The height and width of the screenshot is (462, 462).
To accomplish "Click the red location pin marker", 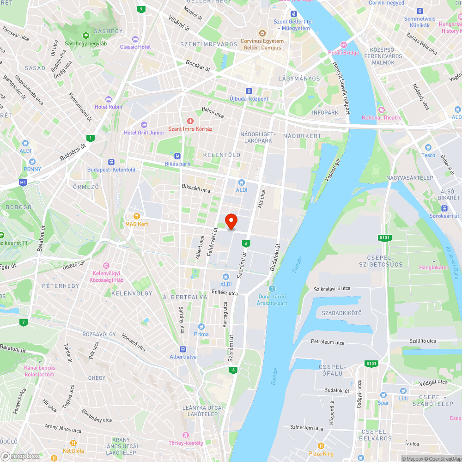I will (231, 221).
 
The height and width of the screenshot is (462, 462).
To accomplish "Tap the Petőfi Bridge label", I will (343, 53).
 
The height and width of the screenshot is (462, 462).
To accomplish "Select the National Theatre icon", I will (381, 109).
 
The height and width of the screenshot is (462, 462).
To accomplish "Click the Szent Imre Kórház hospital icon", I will (190, 121).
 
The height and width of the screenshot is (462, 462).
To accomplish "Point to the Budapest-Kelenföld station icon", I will (111, 162).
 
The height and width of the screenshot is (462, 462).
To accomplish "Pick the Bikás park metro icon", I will (177, 156).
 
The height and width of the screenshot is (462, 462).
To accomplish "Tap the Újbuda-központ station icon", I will (249, 91).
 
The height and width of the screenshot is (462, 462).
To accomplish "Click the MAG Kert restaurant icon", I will (136, 216).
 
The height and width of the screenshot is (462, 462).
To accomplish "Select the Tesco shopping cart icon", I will (428, 147).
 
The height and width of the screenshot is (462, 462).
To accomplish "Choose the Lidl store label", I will (403, 398).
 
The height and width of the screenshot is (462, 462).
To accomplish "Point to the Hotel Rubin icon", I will (109, 99).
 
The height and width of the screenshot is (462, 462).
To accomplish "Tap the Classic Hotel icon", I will (135, 39).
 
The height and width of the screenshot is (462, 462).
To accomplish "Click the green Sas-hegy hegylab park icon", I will (85, 36).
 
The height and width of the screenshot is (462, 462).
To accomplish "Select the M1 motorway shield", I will (23, 183).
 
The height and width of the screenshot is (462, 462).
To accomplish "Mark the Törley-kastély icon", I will (186, 435).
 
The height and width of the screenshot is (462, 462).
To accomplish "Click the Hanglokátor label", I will (433, 267).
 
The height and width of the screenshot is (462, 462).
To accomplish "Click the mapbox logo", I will (21, 456).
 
